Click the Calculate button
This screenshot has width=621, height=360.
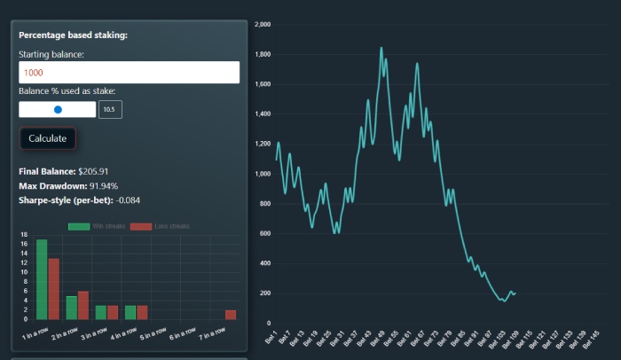click(47, 138)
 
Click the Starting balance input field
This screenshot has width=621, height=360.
click(129, 73)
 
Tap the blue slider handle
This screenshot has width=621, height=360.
click(58, 109)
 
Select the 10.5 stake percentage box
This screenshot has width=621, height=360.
click(110, 109)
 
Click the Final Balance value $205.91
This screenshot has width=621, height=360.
click(106, 171)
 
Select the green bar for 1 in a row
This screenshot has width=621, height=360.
click(42, 279)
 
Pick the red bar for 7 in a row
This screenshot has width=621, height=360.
click(231, 314)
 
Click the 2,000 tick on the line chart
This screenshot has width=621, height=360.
click(262, 25)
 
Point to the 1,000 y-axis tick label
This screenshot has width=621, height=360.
click(262, 174)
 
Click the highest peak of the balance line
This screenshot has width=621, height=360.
click(381, 48)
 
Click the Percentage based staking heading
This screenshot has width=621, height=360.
click(73, 35)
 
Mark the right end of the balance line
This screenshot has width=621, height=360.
click(515, 293)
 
